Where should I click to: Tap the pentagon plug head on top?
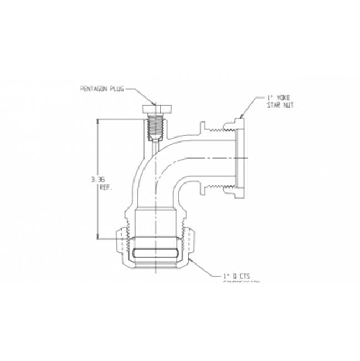point(157,109)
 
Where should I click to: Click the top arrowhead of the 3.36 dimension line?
point(99,120)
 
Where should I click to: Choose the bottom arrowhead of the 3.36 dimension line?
point(99,236)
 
